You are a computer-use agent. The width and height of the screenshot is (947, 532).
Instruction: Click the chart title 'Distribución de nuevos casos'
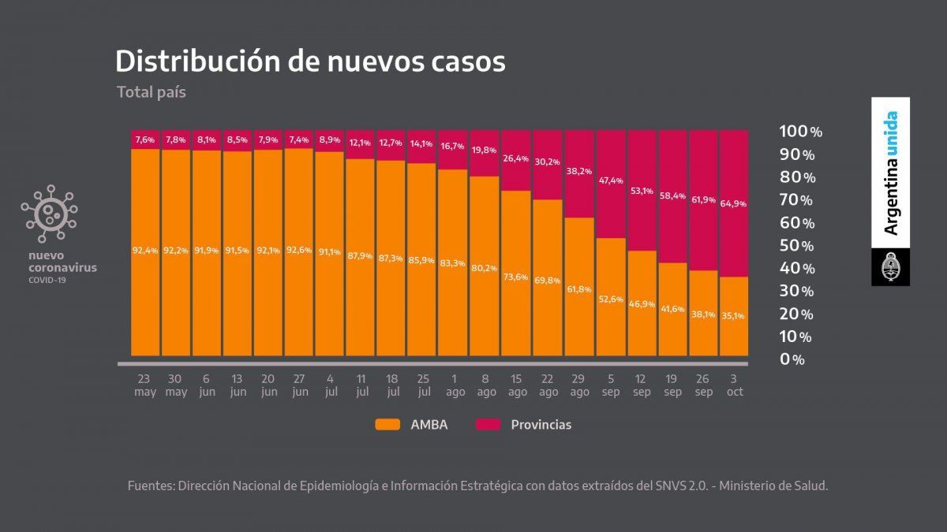[310, 61]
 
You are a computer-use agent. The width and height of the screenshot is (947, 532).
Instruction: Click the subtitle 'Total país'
[151, 92]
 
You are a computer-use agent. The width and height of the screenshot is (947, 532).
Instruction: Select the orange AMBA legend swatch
[388, 425]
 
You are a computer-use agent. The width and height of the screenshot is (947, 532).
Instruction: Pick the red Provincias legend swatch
[488, 425]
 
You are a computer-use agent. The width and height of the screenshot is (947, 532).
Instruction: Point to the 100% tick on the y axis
[800, 132]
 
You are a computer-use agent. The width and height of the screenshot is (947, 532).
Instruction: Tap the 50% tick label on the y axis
[796, 246]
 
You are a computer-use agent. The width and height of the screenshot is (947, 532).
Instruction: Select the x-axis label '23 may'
[145, 385]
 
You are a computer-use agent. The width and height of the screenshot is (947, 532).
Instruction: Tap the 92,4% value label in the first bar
[145, 251]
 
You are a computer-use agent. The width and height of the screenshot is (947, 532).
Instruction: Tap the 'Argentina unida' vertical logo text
[890, 173]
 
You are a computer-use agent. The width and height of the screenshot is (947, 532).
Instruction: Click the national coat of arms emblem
[890, 268]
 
